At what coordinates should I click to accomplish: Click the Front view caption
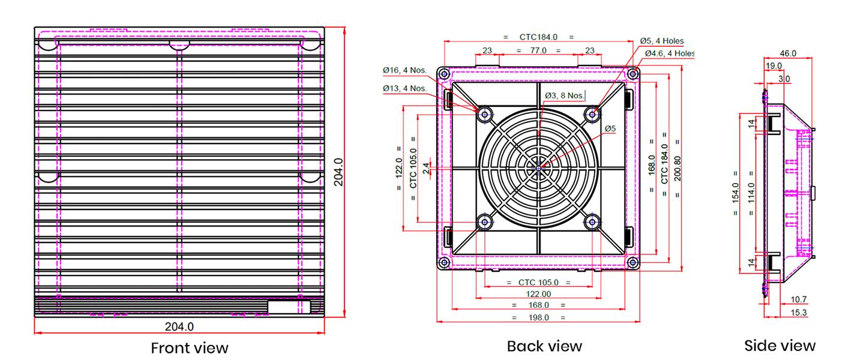click(x=190, y=348)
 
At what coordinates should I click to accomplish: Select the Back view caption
click(x=544, y=346)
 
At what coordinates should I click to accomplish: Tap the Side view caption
click(x=780, y=346)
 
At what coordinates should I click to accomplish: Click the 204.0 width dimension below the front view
click(x=179, y=326)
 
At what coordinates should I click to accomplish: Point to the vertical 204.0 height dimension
click(x=338, y=172)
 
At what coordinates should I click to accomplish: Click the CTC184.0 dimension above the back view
click(x=538, y=37)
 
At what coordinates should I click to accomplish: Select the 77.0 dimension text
click(x=538, y=50)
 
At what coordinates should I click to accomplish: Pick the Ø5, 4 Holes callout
click(x=662, y=41)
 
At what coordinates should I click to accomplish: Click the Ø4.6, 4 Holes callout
click(x=670, y=53)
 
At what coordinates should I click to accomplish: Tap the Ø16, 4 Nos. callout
click(x=404, y=70)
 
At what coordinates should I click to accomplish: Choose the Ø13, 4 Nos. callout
click(x=404, y=88)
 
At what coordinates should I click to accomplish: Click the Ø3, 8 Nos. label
click(x=565, y=95)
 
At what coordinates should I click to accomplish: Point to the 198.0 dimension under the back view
click(x=538, y=317)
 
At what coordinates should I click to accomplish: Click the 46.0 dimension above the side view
click(x=788, y=53)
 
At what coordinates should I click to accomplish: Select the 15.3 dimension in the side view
click(x=798, y=313)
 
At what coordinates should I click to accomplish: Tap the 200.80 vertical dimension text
click(x=677, y=169)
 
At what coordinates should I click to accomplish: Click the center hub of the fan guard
click(x=539, y=168)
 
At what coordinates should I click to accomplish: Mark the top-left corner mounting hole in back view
click(x=444, y=73)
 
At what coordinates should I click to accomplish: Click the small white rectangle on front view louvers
click(x=289, y=307)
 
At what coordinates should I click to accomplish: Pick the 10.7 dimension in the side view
click(x=798, y=299)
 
